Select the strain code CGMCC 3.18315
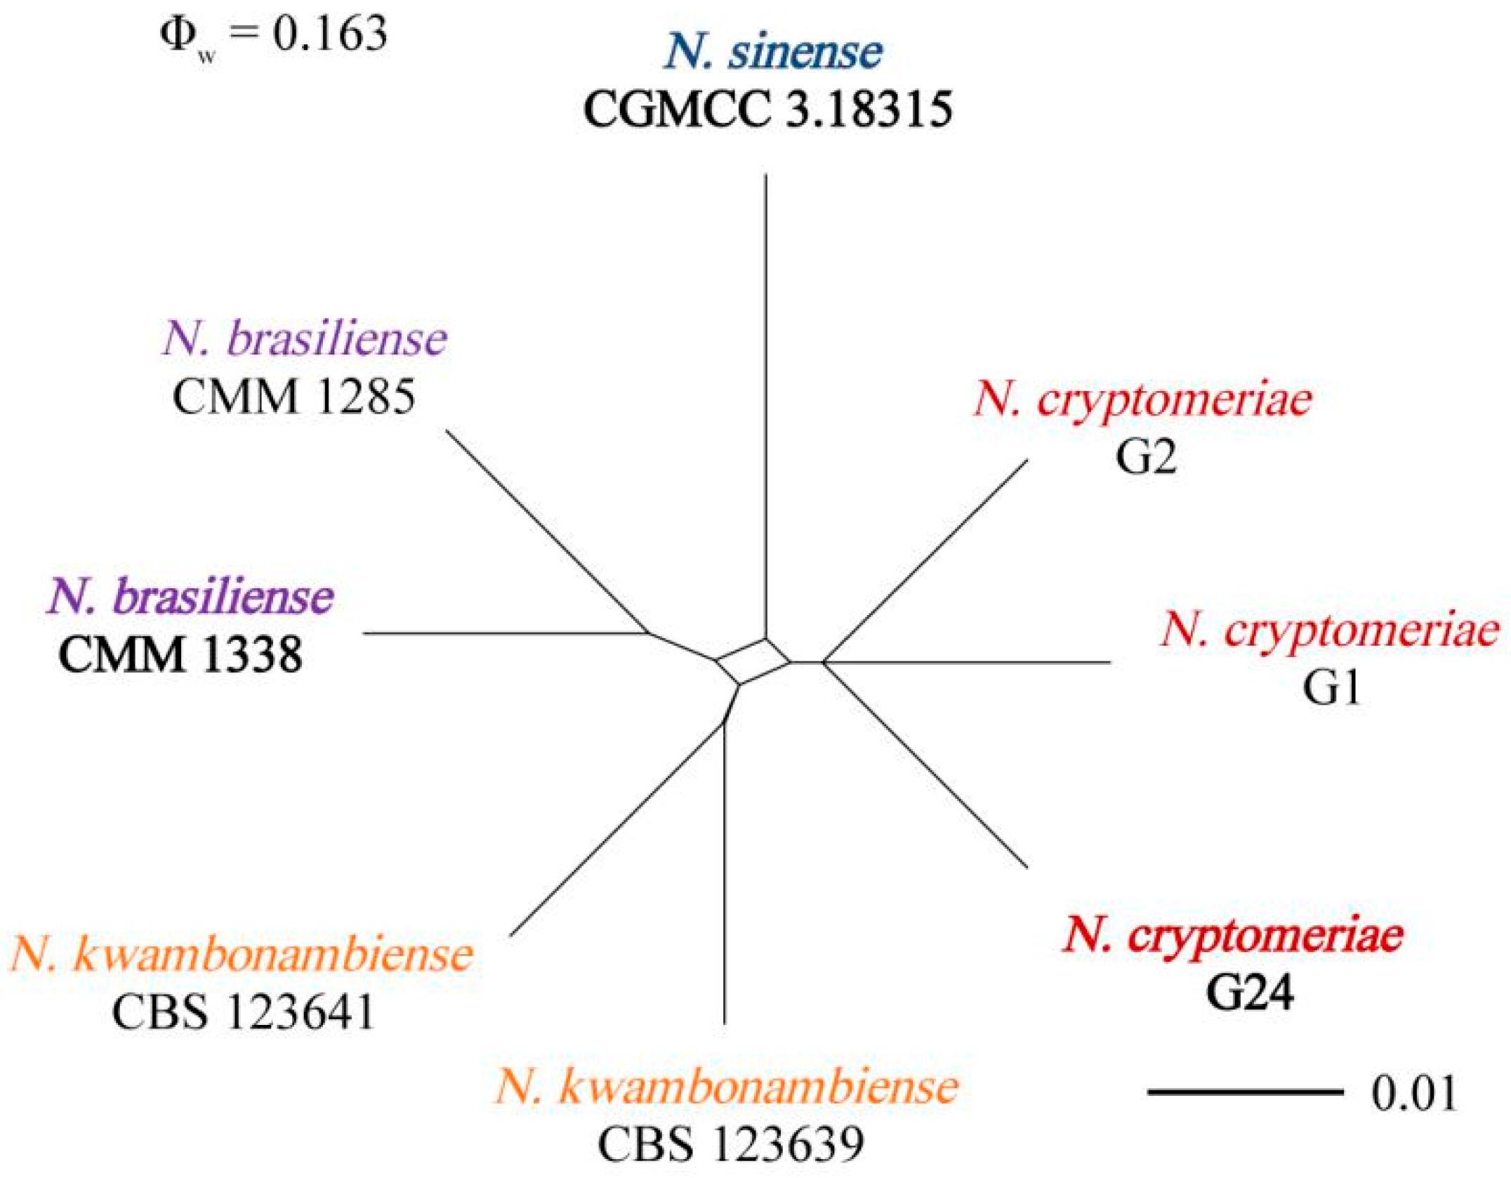[767, 110]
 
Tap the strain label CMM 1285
[293, 397]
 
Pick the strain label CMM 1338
[180, 655]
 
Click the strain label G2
[1146, 457]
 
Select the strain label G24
[1250, 993]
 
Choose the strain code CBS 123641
[243, 1013]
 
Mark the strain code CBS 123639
[730, 1144]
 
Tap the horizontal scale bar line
[1245, 1092]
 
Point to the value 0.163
[330, 34]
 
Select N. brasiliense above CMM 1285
[305, 340]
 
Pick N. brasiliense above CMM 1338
[190, 597]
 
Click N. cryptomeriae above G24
[1233, 935]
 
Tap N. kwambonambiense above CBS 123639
[727, 1087]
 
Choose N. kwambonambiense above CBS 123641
[242, 955]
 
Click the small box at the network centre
[753, 661]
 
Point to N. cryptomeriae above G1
[1330, 630]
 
